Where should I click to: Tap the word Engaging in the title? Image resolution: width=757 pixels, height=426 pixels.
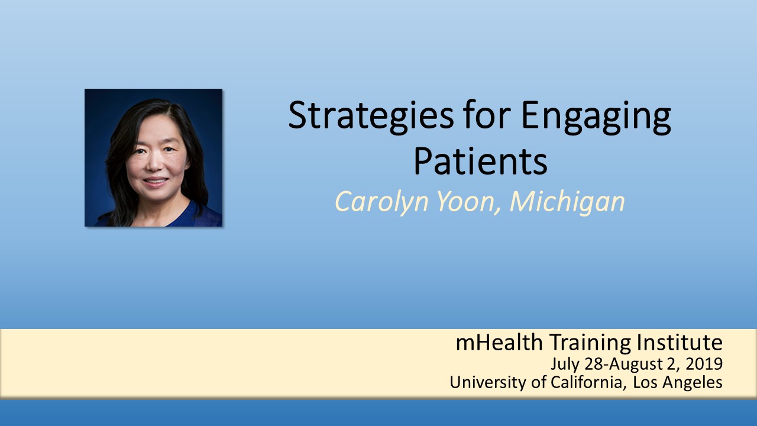pyautogui.click(x=596, y=117)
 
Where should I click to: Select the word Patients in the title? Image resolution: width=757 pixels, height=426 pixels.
pyautogui.click(x=480, y=161)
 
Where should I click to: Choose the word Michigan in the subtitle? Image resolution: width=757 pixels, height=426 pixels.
pyautogui.click(x=567, y=202)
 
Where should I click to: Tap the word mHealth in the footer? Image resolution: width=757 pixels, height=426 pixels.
pyautogui.click(x=499, y=343)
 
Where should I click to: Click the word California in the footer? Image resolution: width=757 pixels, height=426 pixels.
pyautogui.click(x=588, y=382)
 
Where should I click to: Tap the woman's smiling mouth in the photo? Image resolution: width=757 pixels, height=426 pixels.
pyautogui.click(x=155, y=182)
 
